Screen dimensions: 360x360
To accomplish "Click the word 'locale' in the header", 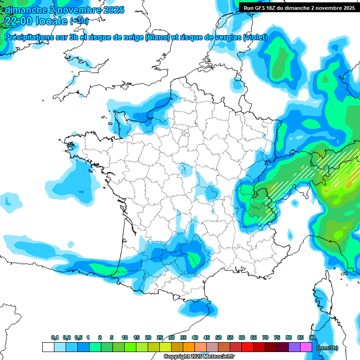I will pyautogui.click(x=52, y=21).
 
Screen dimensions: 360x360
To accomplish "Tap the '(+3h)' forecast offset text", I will pyautogui.click(x=79, y=22).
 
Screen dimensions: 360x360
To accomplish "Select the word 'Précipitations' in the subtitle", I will pyautogui.click(x=28, y=37).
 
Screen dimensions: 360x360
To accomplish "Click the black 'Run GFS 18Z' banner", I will pyautogui.click(x=299, y=8).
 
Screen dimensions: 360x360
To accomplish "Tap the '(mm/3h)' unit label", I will pyautogui.click(x=327, y=347).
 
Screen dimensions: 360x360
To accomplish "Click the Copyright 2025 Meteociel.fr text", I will pyautogui.click(x=199, y=357).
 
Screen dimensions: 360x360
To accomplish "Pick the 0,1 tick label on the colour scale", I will pyautogui.click(x=54, y=337).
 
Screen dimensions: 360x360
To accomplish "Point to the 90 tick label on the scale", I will pyautogui.click(x=312, y=337).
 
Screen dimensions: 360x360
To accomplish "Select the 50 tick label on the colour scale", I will pyautogui.click(x=218, y=337).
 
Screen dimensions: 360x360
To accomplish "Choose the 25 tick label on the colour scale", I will pyautogui.click(x=160, y=337).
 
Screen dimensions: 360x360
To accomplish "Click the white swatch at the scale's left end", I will pyautogui.click(x=48, y=347).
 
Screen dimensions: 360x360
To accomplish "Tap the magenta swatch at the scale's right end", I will pyautogui.click(x=306, y=347).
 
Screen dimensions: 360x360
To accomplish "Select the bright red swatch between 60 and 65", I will pyautogui.click(x=247, y=347).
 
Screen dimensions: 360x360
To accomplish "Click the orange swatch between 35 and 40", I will pyautogui.click(x=189, y=347).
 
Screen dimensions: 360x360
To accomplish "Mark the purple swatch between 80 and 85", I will pyautogui.click(x=294, y=347).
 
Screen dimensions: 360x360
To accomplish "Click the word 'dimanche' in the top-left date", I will pyautogui.click(x=26, y=10).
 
